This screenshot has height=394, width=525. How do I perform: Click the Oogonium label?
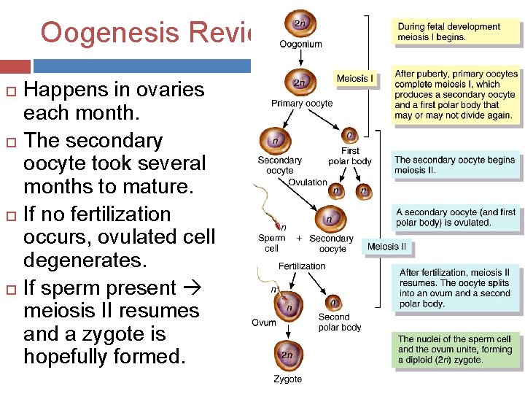300,44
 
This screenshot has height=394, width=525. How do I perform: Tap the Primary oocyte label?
302,104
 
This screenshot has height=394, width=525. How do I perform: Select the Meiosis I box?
355,78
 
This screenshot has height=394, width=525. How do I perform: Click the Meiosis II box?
387,247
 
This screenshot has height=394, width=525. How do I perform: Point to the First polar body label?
350,155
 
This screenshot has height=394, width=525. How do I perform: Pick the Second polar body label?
340,322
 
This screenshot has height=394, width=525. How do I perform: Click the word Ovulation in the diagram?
308,182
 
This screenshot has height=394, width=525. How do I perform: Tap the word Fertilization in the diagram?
302,266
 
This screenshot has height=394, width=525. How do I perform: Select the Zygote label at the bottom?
288,379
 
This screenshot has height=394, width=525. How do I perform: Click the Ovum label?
264,322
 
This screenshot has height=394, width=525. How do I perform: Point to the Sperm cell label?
271,243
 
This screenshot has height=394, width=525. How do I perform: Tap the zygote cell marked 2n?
287,355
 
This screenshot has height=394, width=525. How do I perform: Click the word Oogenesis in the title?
109,33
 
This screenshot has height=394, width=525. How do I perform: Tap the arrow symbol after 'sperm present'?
192,288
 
